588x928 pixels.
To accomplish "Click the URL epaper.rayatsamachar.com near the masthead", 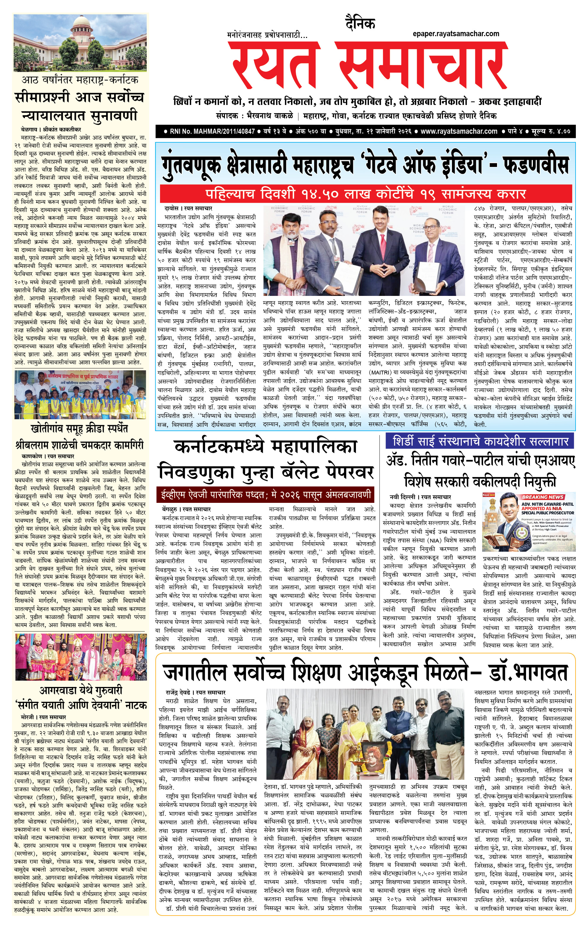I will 456,34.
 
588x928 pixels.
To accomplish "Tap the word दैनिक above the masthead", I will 360,24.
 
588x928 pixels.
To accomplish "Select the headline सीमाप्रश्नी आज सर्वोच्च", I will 80,98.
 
